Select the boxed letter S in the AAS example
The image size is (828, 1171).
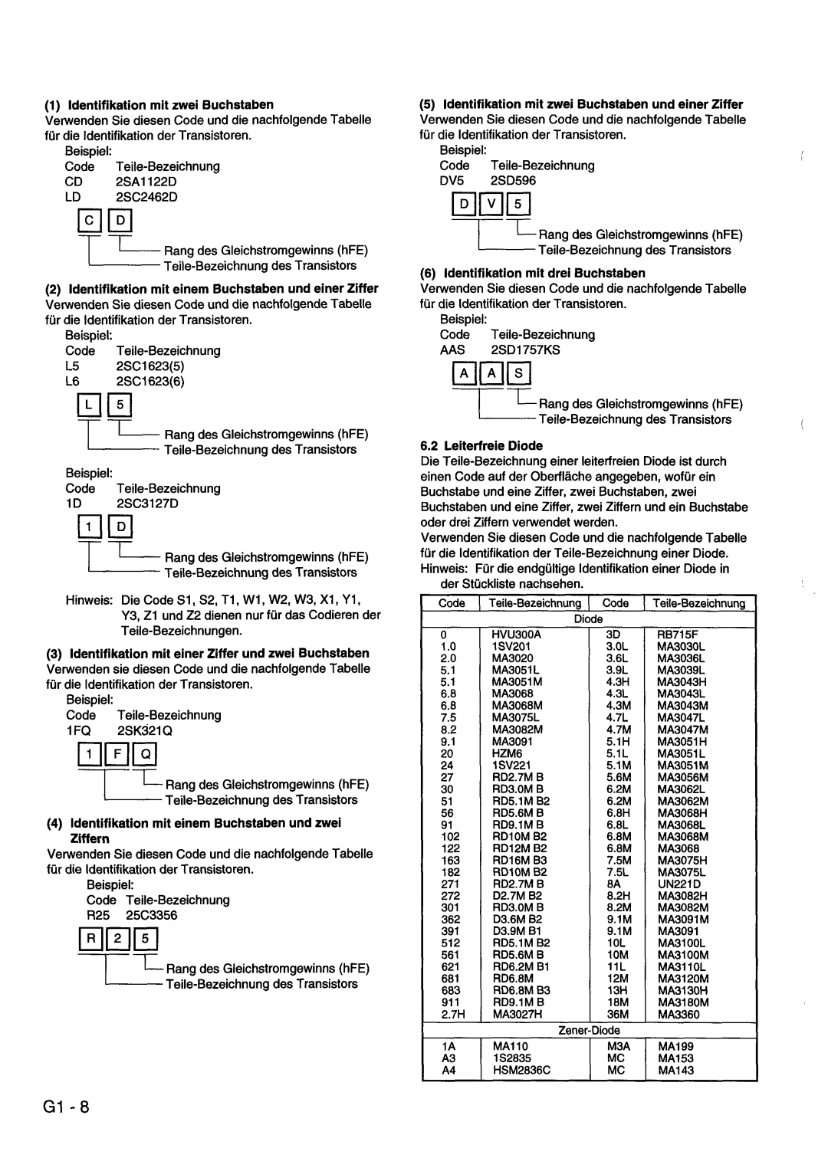click(x=520, y=374)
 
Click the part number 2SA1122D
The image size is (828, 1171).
click(x=147, y=182)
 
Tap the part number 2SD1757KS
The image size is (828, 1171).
click(x=525, y=349)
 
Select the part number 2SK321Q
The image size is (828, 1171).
click(x=145, y=730)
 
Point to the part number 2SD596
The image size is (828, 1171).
click(x=514, y=181)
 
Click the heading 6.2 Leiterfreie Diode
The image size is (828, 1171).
click(x=481, y=445)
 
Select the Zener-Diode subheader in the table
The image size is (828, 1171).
click(x=589, y=1030)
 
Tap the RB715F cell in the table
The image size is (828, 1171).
click(x=675, y=635)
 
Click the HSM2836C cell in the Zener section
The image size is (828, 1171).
click(x=522, y=1069)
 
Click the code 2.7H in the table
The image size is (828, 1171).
click(x=450, y=1014)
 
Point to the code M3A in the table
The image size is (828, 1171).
click(x=617, y=1045)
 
